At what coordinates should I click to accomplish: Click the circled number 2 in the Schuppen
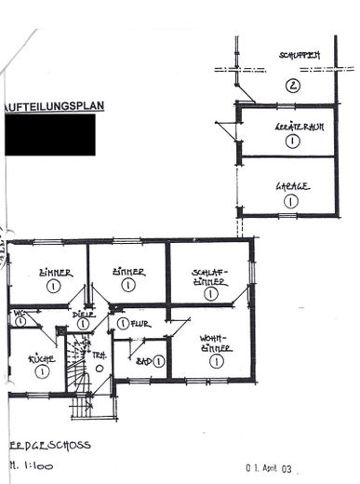(x=293, y=87)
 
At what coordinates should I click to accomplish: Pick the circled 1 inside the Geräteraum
(x=292, y=141)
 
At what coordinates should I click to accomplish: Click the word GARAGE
(x=293, y=186)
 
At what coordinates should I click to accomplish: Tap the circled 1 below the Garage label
(x=291, y=200)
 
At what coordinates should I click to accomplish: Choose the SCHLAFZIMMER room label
(x=210, y=276)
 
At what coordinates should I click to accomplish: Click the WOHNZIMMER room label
(x=216, y=343)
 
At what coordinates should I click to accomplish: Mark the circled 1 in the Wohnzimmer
(x=216, y=361)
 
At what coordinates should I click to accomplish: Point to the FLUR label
(x=140, y=324)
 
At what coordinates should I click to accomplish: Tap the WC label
(x=19, y=314)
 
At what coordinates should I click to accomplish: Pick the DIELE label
(x=85, y=314)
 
